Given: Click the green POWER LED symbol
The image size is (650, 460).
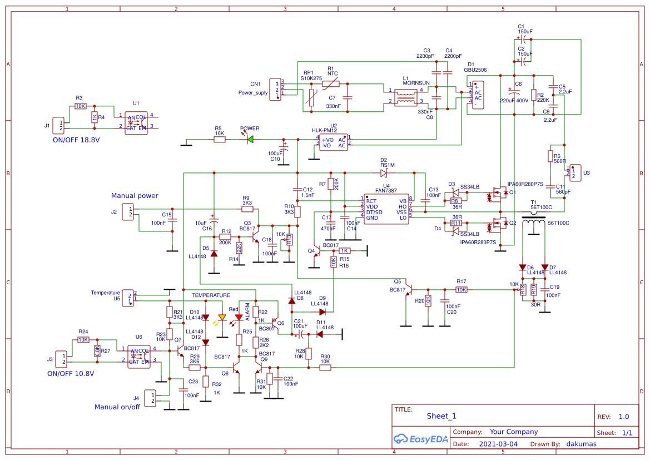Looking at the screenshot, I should (x=250, y=140).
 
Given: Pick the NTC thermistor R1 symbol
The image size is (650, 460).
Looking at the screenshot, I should (x=331, y=84).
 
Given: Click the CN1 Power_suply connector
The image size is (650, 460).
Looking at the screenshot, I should (x=275, y=89).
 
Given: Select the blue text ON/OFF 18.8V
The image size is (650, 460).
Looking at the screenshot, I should (x=76, y=140).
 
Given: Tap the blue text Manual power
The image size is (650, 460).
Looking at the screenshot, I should (x=135, y=196).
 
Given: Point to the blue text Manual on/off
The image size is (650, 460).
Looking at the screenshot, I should (x=117, y=407).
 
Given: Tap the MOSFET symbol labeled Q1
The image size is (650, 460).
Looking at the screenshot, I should (x=499, y=195).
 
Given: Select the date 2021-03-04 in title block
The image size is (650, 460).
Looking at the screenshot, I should (x=498, y=444).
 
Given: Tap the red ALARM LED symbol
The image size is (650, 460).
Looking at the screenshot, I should (x=239, y=318).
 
